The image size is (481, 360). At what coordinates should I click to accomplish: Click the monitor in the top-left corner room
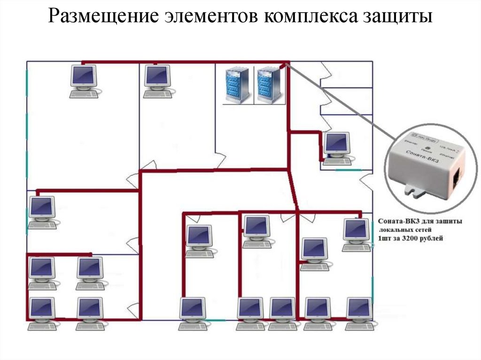pyautogui.click(x=84, y=76)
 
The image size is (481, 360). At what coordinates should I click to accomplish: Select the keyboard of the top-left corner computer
pyautogui.click(x=84, y=94)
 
